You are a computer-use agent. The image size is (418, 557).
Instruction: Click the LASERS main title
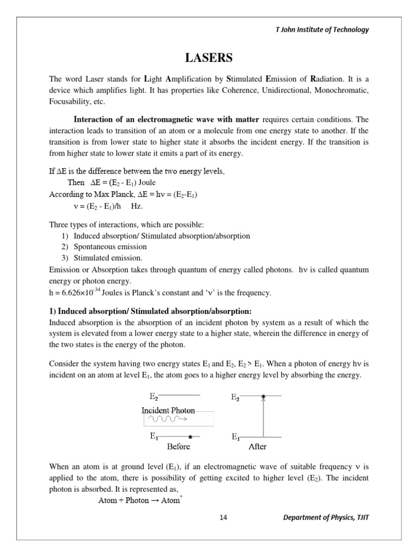[x=209, y=58]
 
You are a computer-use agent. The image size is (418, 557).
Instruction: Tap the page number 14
[x=223, y=517]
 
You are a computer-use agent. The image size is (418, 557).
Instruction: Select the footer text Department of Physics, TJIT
[x=326, y=517]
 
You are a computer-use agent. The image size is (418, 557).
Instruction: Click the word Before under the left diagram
[x=179, y=447]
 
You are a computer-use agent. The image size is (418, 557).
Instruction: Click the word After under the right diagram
[x=257, y=447]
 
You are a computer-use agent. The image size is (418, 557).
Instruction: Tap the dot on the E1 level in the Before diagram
[x=189, y=436]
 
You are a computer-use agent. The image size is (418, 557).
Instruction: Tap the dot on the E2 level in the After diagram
[x=263, y=397]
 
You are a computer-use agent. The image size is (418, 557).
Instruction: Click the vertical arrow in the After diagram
[x=263, y=417]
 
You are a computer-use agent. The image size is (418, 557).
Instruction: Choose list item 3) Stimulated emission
[x=102, y=257]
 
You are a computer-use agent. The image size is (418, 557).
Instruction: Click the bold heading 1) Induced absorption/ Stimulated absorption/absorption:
[x=150, y=311]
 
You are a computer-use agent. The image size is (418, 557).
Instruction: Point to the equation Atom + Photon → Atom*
[x=139, y=500]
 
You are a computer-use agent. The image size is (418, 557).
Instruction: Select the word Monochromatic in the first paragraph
[x=338, y=90]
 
